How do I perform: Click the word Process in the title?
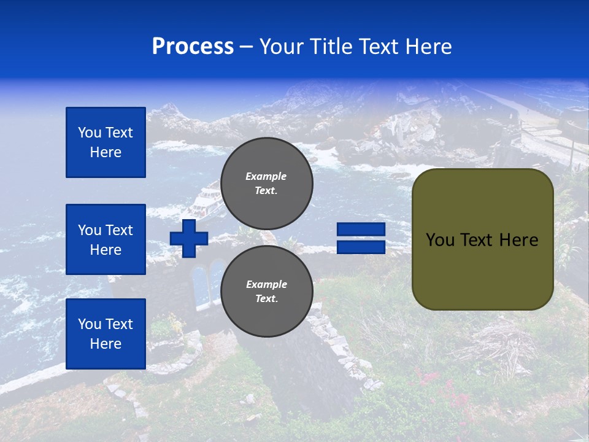[193, 47]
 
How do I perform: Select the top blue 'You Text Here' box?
[106, 142]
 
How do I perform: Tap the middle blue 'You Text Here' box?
[106, 239]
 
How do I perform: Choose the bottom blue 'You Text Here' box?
[106, 334]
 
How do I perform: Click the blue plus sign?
[189, 238]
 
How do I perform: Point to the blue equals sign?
[361, 238]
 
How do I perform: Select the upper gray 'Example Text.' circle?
[266, 183]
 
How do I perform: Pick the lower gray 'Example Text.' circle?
[266, 291]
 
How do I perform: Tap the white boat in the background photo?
[205, 200]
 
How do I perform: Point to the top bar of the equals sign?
[361, 230]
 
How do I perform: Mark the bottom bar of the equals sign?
[361, 247]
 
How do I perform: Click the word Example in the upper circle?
[266, 176]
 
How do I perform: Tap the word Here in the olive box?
[518, 240]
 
